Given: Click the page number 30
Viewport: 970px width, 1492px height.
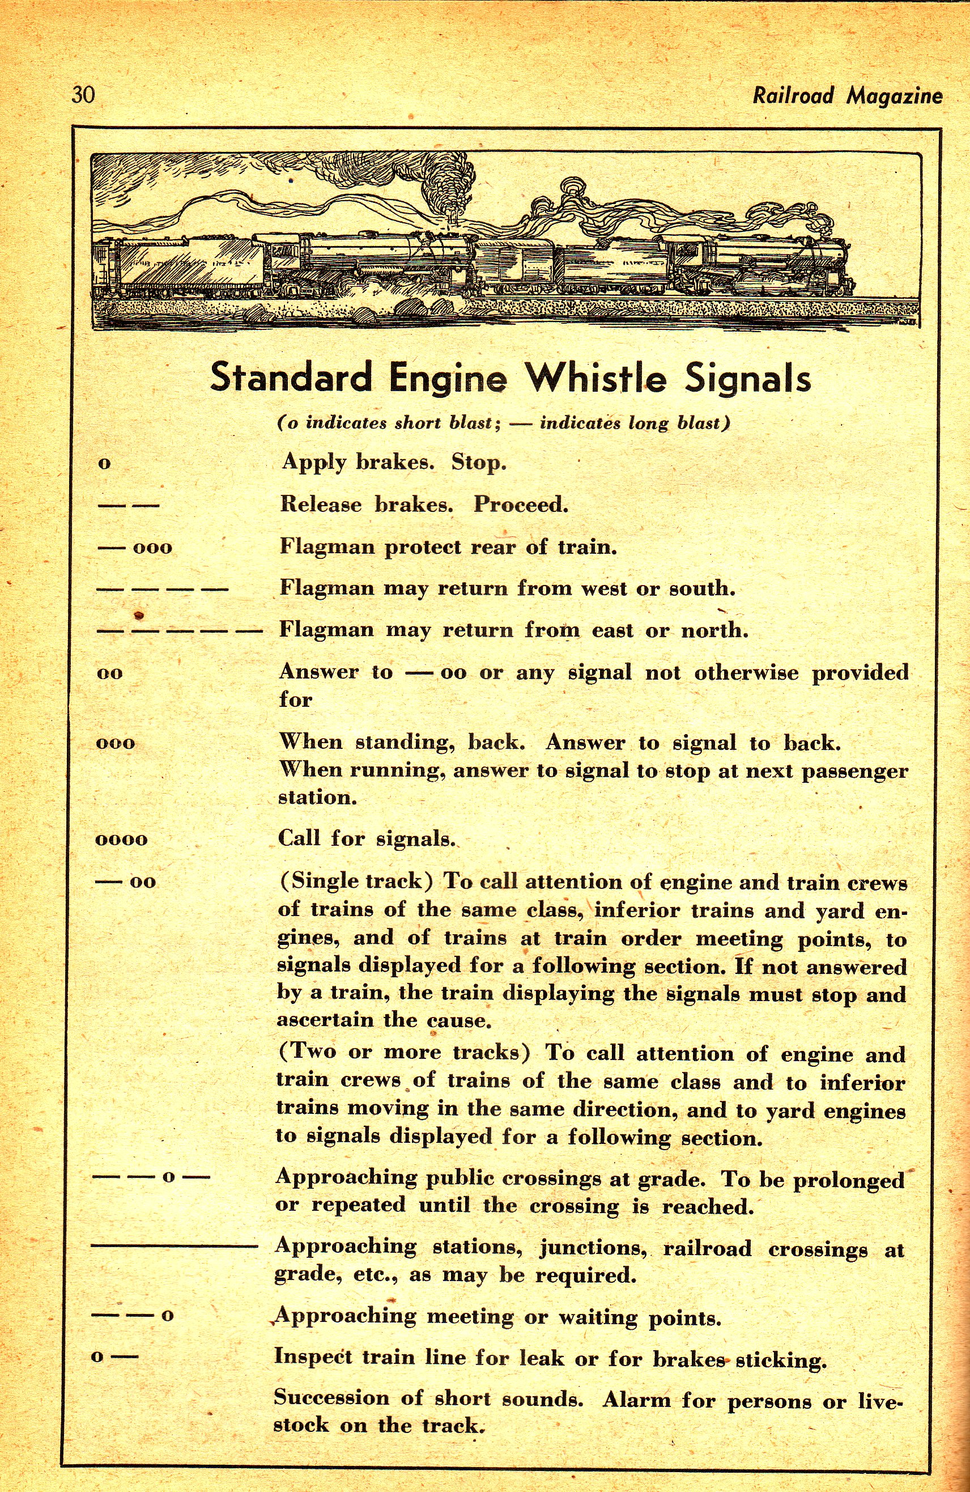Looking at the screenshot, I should click(x=83, y=95).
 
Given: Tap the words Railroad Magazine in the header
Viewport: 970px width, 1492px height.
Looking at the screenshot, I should click(x=847, y=96).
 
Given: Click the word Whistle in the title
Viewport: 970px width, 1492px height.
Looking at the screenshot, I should click(x=595, y=378).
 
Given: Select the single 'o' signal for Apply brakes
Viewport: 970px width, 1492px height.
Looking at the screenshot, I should click(x=105, y=464).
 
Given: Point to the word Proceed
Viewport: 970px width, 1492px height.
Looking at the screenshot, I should click(x=521, y=505).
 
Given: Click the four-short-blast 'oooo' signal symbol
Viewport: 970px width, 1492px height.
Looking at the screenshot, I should click(x=122, y=840).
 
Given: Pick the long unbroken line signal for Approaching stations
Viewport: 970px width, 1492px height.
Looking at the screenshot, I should click(x=173, y=1248).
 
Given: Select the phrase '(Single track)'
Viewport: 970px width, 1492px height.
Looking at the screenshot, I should click(x=355, y=881).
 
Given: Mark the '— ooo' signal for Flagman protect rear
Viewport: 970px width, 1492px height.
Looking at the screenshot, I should click(x=134, y=547).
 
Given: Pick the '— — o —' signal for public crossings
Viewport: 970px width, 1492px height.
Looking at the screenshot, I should click(x=150, y=1177).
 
